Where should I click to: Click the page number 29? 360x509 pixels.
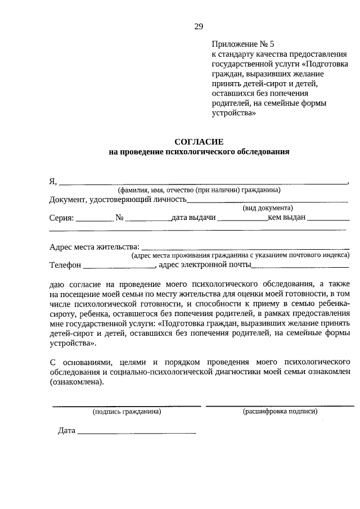tap(199, 26)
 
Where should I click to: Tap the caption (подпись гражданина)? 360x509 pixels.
tap(127, 412)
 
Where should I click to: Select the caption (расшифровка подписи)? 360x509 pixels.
tap(280, 412)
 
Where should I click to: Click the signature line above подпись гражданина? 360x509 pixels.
tap(127, 406)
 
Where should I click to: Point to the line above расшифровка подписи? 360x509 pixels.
tap(280, 406)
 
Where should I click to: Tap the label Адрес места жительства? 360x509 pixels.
tap(93, 246)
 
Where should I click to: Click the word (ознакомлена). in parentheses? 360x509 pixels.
tap(76, 382)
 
